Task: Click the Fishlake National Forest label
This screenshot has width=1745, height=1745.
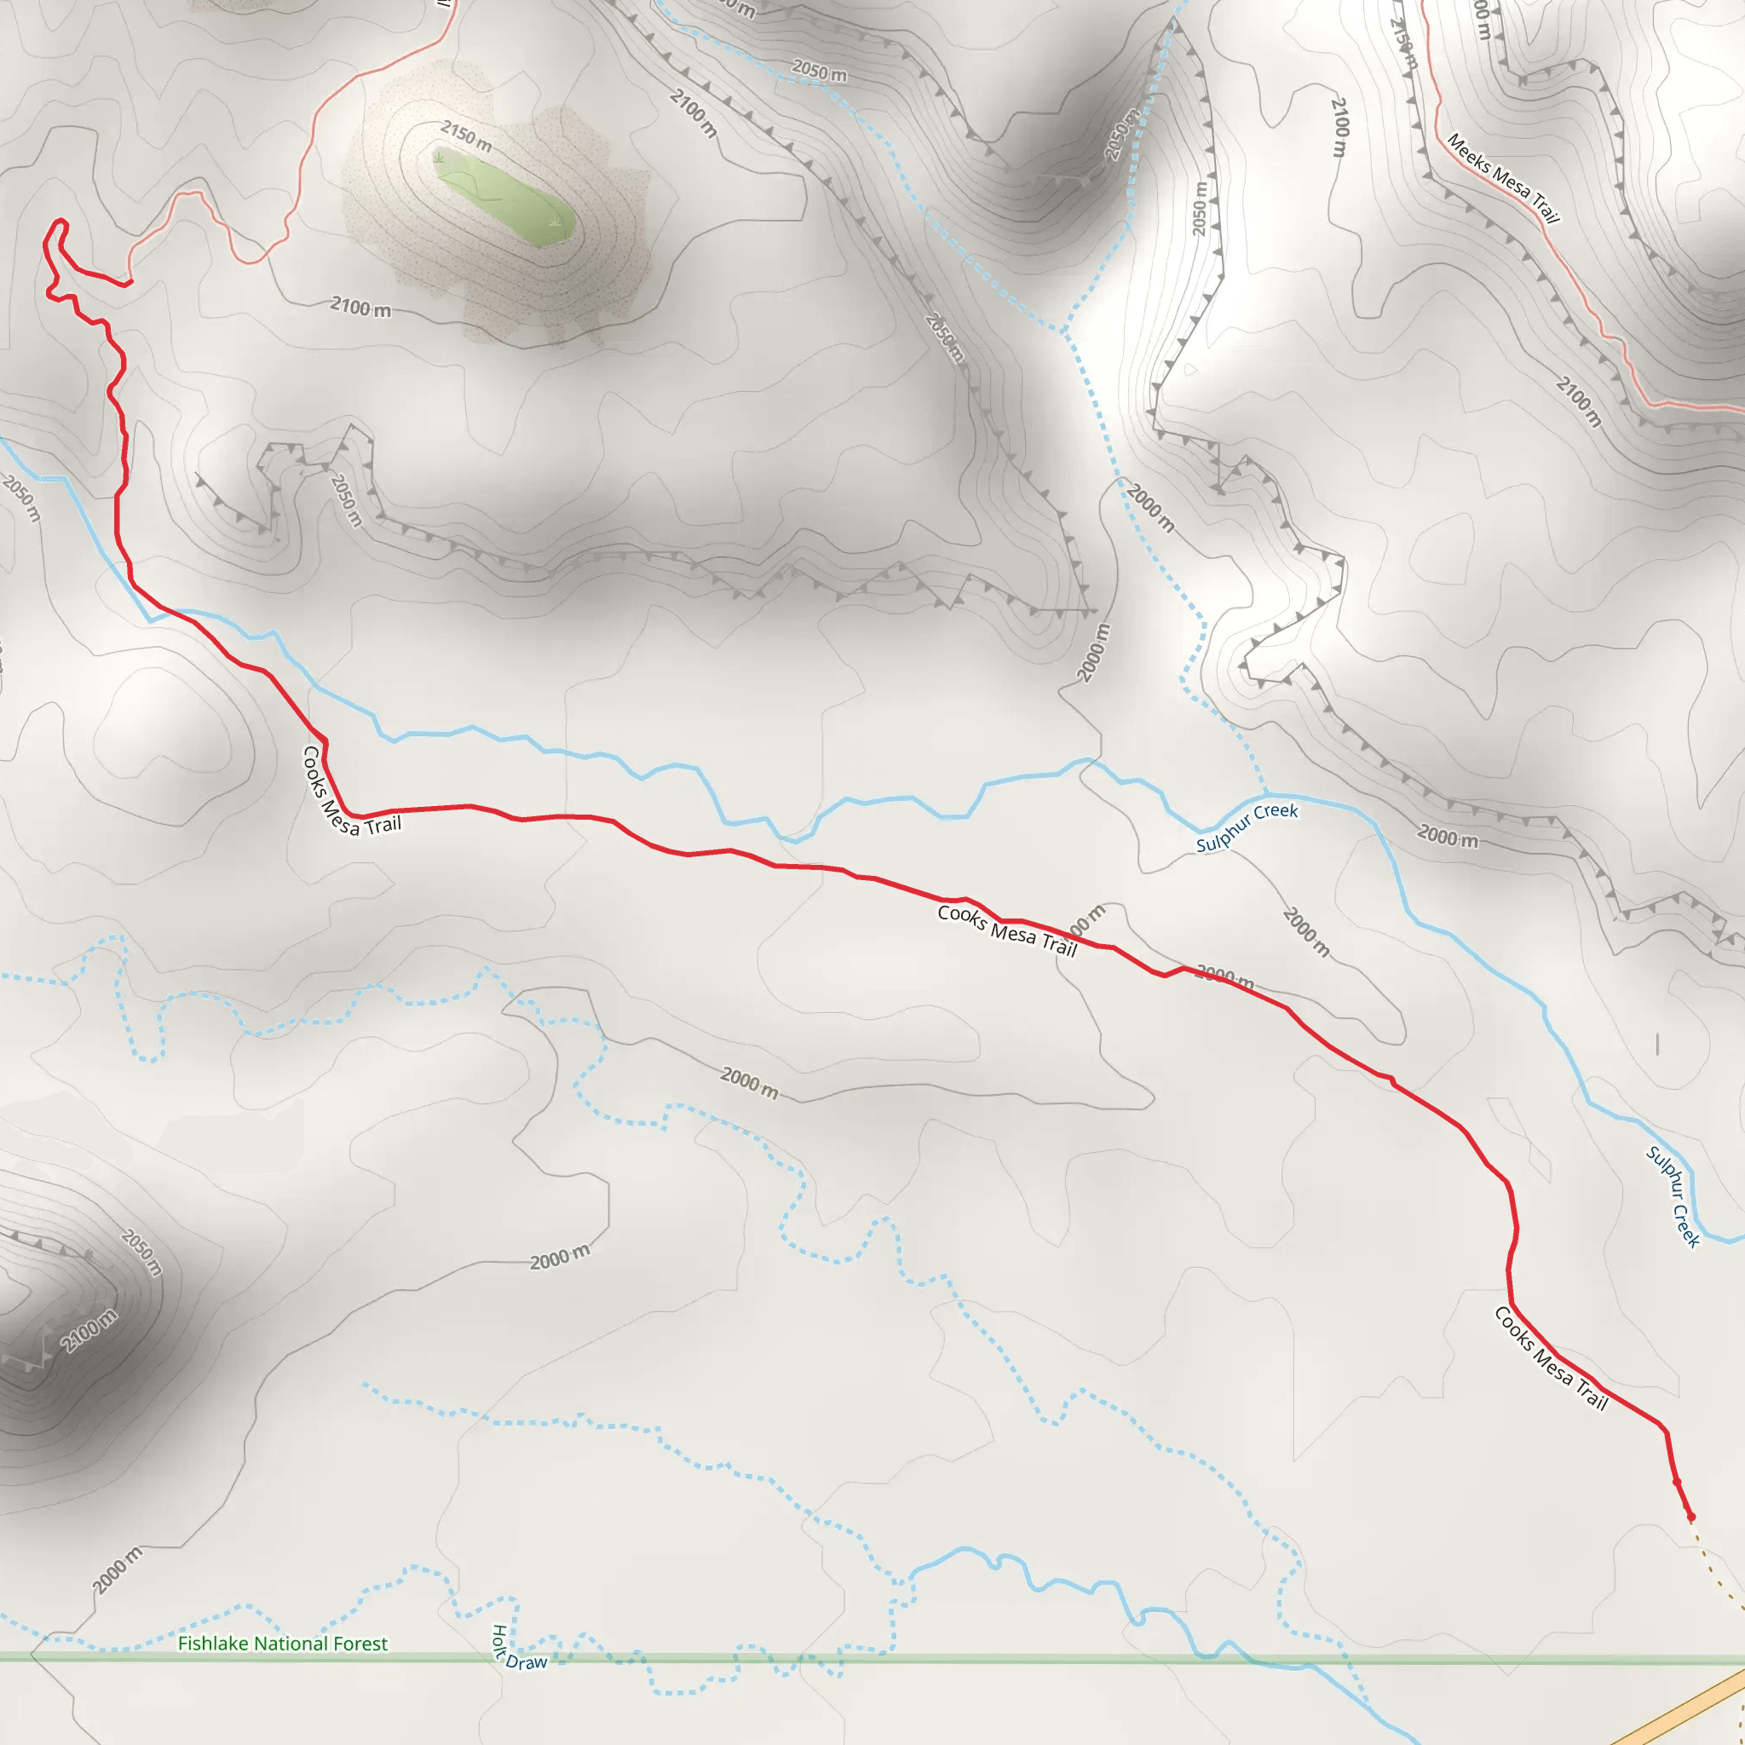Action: click(x=282, y=1644)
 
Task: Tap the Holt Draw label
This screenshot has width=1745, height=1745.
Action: click(x=517, y=1650)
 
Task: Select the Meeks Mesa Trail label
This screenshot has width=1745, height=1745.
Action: click(x=1503, y=178)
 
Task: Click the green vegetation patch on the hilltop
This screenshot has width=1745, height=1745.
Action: click(x=506, y=199)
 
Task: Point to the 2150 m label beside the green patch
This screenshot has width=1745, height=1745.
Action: click(x=466, y=136)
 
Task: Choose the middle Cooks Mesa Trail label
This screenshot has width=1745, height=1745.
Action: click(x=1007, y=930)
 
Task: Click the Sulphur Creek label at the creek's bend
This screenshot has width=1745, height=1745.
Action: click(x=1247, y=827)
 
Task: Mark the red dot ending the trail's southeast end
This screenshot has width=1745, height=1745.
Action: click(x=1690, y=1518)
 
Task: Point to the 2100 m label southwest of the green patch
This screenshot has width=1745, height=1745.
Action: click(x=360, y=307)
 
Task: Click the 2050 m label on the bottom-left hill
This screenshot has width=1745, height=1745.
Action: click(x=141, y=1253)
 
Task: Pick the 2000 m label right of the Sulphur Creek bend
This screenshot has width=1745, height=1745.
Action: click(x=1448, y=837)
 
